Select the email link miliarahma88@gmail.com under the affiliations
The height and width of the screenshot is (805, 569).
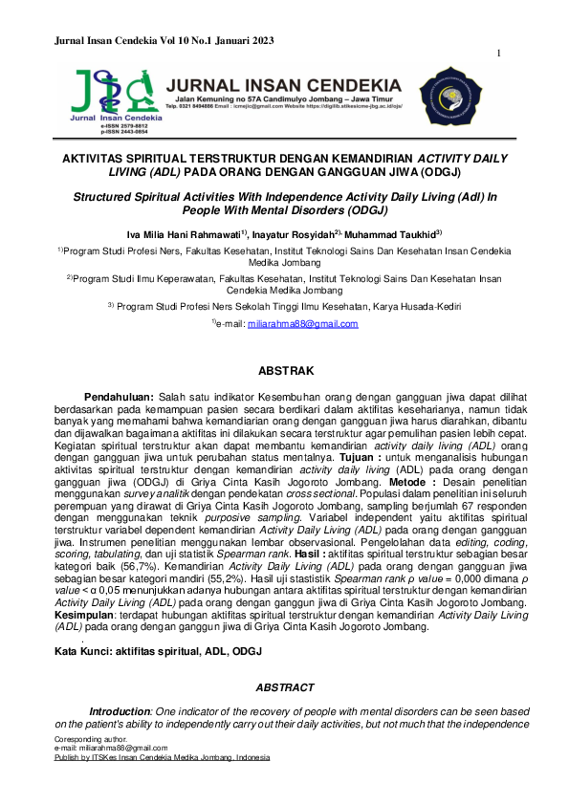[x=302, y=324]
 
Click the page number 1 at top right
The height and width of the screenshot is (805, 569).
[x=499, y=54]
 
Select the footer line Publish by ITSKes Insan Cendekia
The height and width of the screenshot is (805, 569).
[x=162, y=755]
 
